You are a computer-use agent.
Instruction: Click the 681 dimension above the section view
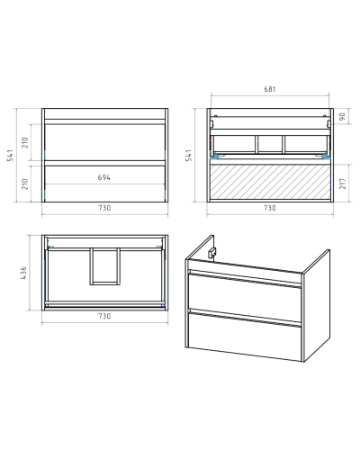click(x=270, y=89)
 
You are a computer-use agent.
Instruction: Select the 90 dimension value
click(x=342, y=116)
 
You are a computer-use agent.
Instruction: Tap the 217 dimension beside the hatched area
click(x=342, y=184)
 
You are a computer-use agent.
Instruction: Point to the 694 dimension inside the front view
click(x=104, y=177)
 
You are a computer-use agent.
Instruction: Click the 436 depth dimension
click(x=23, y=273)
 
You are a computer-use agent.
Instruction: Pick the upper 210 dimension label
click(x=25, y=142)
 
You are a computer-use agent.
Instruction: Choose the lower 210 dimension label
click(x=25, y=184)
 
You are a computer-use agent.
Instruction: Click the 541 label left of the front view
click(x=10, y=155)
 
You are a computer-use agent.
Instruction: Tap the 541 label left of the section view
click(x=189, y=155)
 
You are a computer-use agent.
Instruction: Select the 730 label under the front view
click(x=104, y=208)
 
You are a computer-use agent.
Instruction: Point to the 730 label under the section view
click(x=270, y=208)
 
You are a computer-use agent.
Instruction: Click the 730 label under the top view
click(x=104, y=316)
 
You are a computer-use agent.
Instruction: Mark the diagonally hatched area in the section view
click(x=270, y=182)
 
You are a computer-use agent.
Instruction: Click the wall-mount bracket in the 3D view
click(x=212, y=253)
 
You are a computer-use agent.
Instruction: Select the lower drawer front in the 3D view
click(x=245, y=336)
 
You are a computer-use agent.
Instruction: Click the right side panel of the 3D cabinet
click(x=317, y=305)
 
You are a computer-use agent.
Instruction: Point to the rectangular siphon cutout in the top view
click(x=104, y=266)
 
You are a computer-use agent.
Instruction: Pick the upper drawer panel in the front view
click(x=104, y=142)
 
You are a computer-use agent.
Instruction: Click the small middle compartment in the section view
click(x=270, y=144)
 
